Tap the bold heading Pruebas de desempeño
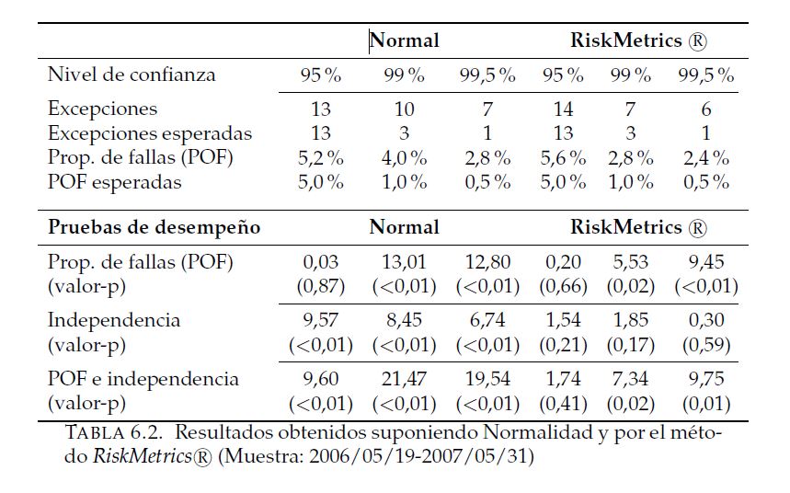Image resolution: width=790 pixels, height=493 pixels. pyautogui.click(x=154, y=226)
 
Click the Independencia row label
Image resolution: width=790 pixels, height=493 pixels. pyautogui.click(x=114, y=320)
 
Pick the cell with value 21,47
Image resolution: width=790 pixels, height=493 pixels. pyautogui.click(x=404, y=379)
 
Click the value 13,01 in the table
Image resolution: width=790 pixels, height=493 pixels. pyautogui.click(x=404, y=261)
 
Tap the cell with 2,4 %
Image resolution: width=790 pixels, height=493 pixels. pyautogui.click(x=704, y=157)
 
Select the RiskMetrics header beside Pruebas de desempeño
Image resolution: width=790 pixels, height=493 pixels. pyautogui.click(x=638, y=226)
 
